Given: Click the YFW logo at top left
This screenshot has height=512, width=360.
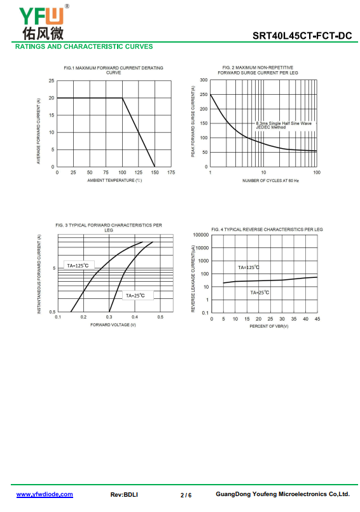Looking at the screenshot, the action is click(44, 22).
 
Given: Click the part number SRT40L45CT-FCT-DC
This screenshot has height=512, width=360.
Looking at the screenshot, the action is click(302, 36).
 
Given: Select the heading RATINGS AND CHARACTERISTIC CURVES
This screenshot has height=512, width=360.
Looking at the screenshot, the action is click(84, 46).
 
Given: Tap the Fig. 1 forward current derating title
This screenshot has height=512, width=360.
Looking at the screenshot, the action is click(113, 70).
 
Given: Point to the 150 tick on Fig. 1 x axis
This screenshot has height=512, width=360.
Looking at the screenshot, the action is click(155, 172).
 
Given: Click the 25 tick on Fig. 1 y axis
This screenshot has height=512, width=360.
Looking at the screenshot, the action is click(52, 81).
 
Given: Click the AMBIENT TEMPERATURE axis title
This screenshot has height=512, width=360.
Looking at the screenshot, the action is click(114, 180).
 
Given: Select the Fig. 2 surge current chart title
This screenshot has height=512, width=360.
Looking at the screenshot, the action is click(258, 70).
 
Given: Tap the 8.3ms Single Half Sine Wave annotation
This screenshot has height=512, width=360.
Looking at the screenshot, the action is click(284, 123).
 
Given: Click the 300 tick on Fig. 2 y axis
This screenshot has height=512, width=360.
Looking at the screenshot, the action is click(204, 80).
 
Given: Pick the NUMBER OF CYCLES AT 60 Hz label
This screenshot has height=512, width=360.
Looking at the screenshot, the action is click(270, 181).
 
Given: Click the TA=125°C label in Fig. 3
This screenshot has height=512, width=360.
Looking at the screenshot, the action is click(78, 265).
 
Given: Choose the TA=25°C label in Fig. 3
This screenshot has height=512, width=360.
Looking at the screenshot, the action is click(135, 296).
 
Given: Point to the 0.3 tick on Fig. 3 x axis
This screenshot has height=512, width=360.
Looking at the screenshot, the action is click(109, 317).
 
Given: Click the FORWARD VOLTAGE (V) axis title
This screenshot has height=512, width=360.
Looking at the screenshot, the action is click(113, 324).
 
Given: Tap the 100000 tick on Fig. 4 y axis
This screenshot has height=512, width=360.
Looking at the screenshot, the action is click(200, 235).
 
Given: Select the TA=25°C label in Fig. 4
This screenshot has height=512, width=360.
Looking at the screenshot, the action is click(260, 292).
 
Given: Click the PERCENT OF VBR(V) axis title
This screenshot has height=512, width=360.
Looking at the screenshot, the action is click(269, 326).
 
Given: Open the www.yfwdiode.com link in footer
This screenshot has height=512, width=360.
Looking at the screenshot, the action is click(45, 494).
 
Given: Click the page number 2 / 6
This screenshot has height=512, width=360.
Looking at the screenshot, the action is click(186, 495).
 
